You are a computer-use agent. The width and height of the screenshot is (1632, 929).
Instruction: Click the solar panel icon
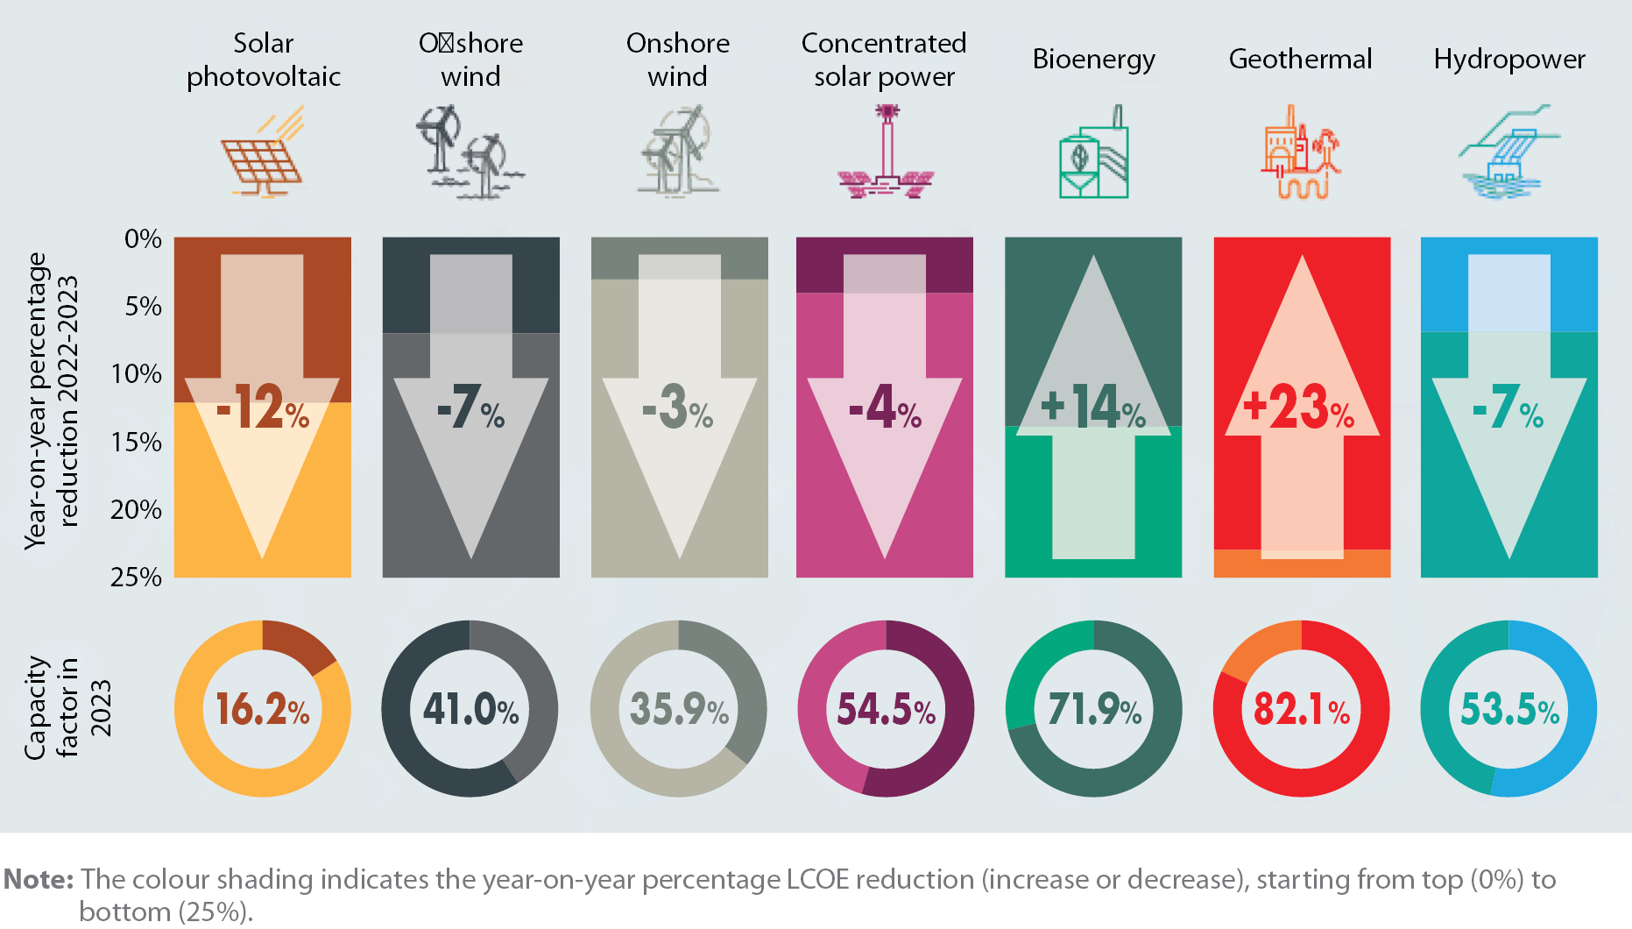(x=263, y=153)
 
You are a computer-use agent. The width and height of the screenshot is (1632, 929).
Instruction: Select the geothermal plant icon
(x=1301, y=153)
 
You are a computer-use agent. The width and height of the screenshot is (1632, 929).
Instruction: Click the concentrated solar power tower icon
(x=886, y=153)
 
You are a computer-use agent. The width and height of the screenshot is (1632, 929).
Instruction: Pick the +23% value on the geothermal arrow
(x=1299, y=408)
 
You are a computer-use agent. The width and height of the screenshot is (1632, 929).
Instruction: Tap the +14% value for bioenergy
(x=1092, y=408)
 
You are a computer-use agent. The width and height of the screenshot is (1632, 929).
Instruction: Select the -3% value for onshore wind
(x=677, y=408)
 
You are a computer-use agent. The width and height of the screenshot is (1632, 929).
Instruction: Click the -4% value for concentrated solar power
(x=885, y=408)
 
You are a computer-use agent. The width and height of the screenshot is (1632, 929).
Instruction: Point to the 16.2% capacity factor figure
(x=263, y=709)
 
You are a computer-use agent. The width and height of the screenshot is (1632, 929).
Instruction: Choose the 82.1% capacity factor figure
(x=1302, y=709)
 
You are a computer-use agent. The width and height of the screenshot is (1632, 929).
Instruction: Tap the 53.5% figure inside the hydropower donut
(x=1509, y=709)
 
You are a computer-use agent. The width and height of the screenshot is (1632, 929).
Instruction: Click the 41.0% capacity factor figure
(x=470, y=709)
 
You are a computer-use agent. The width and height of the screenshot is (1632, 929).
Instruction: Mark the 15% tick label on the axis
(x=137, y=442)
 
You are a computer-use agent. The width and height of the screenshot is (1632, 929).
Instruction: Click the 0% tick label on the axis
(x=143, y=238)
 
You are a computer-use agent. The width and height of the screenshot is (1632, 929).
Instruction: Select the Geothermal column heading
(x=1300, y=59)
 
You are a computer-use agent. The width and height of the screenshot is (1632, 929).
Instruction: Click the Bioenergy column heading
(x=1093, y=59)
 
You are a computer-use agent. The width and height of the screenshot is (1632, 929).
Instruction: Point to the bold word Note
(x=39, y=879)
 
